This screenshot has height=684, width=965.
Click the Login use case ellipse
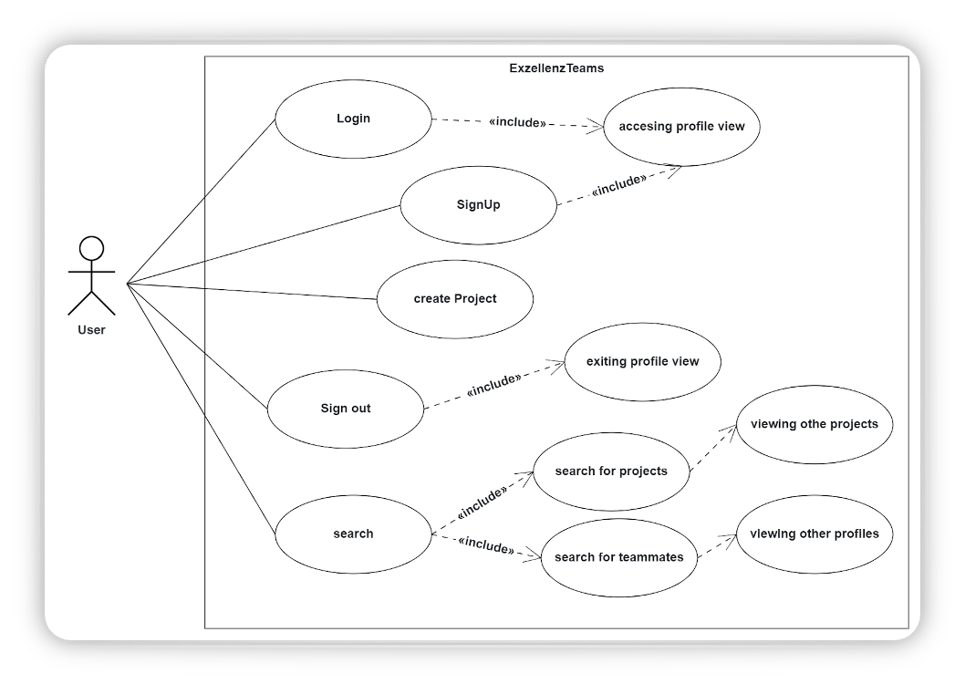(353, 119)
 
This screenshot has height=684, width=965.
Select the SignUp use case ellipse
(478, 204)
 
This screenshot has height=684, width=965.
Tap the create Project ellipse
(454, 299)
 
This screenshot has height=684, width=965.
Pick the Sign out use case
(345, 409)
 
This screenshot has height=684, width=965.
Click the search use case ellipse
(352, 534)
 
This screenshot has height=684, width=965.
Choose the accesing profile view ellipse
(681, 127)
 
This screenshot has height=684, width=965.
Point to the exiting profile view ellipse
(642, 362)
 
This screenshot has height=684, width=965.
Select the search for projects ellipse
(610, 472)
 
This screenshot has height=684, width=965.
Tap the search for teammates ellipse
(618, 557)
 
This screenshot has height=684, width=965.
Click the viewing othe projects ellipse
(814, 424)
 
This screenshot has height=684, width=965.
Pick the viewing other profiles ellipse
(814, 534)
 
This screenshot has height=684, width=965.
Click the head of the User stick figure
(91, 249)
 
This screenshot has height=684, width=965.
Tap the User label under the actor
(91, 330)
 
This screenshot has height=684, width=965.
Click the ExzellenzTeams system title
(556, 68)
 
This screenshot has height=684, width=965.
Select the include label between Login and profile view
(517, 122)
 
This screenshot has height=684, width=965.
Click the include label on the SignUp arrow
(618, 185)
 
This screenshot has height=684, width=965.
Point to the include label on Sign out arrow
(493, 385)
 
